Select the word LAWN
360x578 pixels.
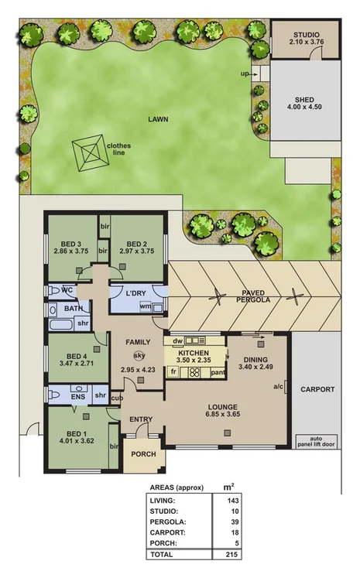pyautogui.click(x=159, y=119)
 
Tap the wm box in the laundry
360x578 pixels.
pyautogui.click(x=145, y=306)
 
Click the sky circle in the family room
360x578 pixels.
pyautogui.click(x=139, y=355)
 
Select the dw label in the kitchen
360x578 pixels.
pyautogui.click(x=177, y=340)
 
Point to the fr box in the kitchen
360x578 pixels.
pyautogui.click(x=174, y=372)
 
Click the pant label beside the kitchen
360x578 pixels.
pyautogui.click(x=219, y=372)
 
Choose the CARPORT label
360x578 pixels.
pyautogui.click(x=317, y=389)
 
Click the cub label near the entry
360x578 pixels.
pyautogui.click(x=117, y=398)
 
